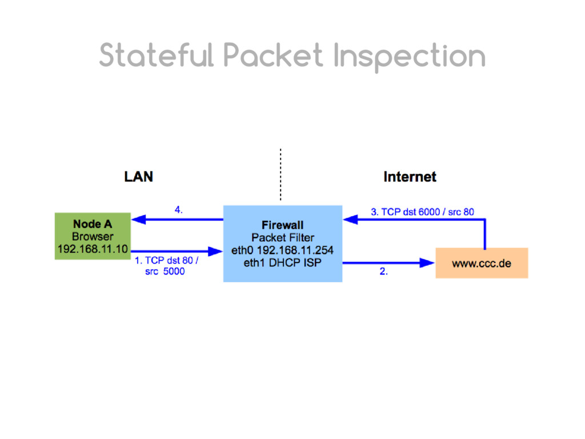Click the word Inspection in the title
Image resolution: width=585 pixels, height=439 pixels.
(410, 56)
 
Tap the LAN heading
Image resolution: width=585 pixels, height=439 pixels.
(138, 177)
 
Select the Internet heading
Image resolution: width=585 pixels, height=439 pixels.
(410, 177)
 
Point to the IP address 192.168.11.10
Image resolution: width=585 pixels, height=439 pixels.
(93, 249)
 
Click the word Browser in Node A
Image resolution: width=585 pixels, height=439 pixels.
(93, 236)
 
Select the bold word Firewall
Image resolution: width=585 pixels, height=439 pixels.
(282, 225)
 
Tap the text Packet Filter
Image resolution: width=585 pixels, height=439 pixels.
(282, 237)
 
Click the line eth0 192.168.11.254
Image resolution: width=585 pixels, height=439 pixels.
(282, 250)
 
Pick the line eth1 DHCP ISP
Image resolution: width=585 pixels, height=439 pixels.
(282, 262)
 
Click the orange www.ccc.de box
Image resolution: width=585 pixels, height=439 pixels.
(482, 264)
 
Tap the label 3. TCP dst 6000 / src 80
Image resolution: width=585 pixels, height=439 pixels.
(422, 212)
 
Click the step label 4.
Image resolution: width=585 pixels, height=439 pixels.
(179, 210)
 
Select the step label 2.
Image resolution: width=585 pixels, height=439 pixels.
(383, 272)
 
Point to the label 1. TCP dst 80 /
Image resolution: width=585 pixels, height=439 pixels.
(166, 261)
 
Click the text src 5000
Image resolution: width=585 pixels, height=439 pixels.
(165, 272)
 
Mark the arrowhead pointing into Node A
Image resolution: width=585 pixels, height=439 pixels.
(138, 219)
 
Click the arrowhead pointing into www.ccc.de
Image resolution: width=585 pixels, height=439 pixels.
(427, 263)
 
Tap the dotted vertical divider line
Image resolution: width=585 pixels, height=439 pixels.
(281, 174)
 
